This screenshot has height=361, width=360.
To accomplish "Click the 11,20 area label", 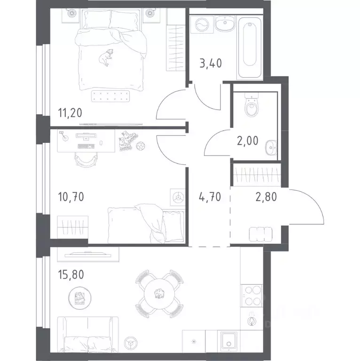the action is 70,113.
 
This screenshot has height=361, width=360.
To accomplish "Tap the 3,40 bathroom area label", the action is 211,63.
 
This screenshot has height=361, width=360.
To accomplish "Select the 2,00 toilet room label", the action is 248,141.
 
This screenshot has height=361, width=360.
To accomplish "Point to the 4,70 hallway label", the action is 210,197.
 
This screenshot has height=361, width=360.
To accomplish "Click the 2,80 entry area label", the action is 266,197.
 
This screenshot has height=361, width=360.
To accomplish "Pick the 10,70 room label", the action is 71,197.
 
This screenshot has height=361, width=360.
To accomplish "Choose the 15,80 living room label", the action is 71,275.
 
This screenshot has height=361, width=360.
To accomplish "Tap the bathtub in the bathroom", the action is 250,47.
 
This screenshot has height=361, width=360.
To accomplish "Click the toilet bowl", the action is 251,106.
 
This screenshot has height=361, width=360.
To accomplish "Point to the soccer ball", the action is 141,146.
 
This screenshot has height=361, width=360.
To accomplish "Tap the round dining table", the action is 159,294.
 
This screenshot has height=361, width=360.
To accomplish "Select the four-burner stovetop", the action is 251,296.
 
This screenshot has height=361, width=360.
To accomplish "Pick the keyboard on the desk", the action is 86,146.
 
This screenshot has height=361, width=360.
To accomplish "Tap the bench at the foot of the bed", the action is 110,96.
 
